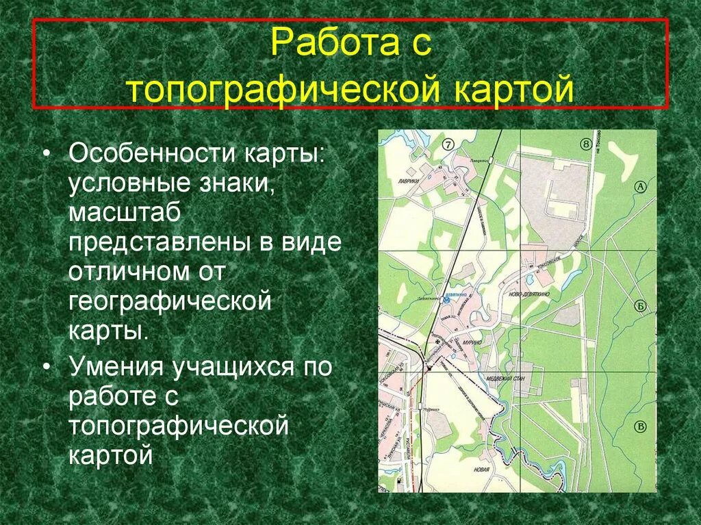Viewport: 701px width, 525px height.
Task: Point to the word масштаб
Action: (x=124, y=213)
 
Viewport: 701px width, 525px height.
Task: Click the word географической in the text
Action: (x=170, y=302)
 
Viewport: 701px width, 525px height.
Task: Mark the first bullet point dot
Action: (x=46, y=153)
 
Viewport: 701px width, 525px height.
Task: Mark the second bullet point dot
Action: (x=46, y=367)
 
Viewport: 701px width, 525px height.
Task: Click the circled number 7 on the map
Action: (x=448, y=144)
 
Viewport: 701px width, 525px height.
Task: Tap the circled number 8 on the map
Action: (x=585, y=144)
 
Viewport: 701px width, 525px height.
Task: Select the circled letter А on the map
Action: (x=641, y=186)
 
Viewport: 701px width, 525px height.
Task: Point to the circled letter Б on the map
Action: (x=641, y=306)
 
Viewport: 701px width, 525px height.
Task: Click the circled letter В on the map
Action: (x=641, y=426)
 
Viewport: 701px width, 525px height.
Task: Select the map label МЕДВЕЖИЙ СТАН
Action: (x=505, y=378)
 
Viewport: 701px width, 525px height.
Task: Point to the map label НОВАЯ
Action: (x=481, y=470)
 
